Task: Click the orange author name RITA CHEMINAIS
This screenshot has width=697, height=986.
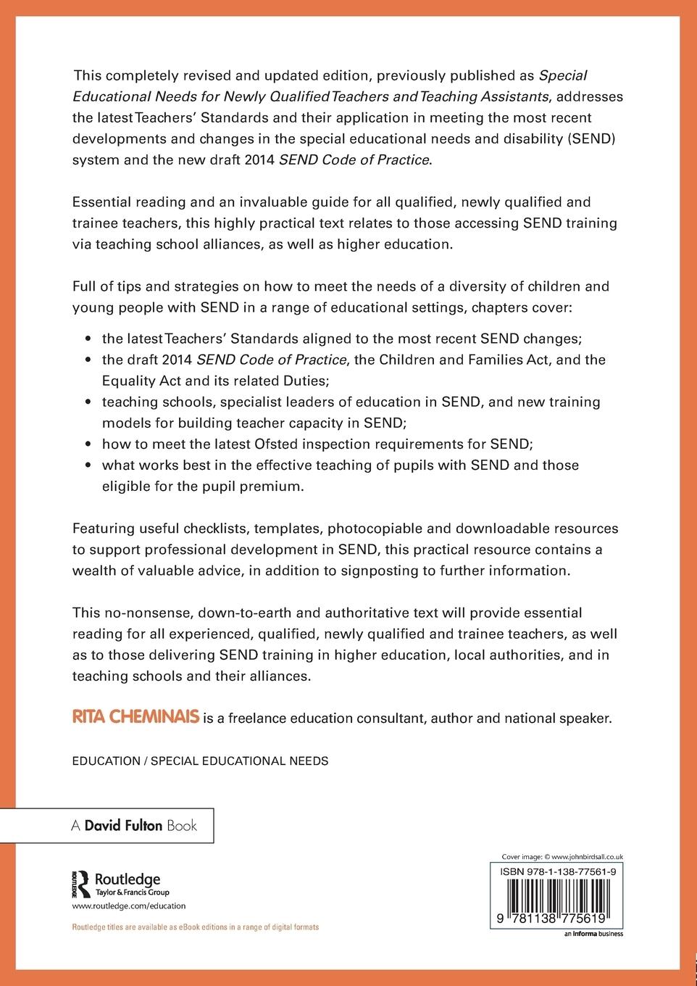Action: (135, 718)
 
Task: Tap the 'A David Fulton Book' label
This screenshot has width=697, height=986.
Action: (133, 826)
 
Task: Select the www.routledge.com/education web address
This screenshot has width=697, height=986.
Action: (129, 906)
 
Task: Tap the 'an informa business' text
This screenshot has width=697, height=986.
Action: (593, 934)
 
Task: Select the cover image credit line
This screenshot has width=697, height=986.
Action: (563, 856)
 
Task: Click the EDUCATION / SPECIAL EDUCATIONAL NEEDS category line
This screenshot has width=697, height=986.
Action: (200, 761)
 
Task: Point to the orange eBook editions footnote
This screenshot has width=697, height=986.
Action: (195, 927)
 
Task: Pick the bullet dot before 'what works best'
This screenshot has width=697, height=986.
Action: (88, 465)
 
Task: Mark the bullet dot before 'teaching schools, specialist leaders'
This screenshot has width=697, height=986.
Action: (88, 402)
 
